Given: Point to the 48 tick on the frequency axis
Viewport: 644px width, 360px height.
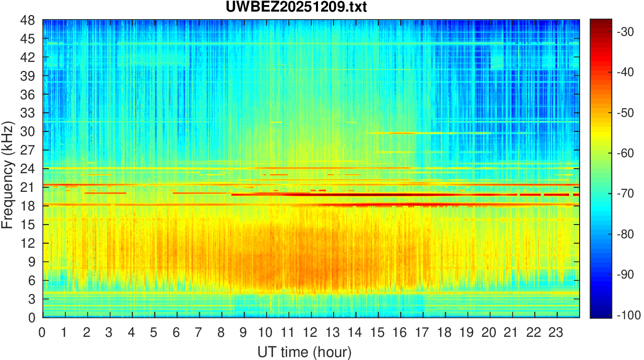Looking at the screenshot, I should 28,21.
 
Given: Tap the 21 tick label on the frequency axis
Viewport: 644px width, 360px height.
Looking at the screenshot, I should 28,187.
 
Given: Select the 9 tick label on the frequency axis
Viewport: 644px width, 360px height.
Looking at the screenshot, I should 31,262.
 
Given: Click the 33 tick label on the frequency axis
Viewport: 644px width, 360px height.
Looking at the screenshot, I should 28,113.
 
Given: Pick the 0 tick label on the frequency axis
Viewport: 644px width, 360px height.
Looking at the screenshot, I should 31,318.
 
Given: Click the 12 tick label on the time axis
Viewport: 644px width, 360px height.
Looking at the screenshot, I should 311,332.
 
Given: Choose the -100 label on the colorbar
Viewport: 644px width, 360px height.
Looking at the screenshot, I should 627,315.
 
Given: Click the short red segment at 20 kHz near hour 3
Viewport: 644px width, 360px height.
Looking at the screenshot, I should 105,193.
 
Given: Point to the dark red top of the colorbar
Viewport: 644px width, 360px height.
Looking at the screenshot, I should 600,22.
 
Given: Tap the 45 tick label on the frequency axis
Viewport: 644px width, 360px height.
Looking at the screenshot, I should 28,39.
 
